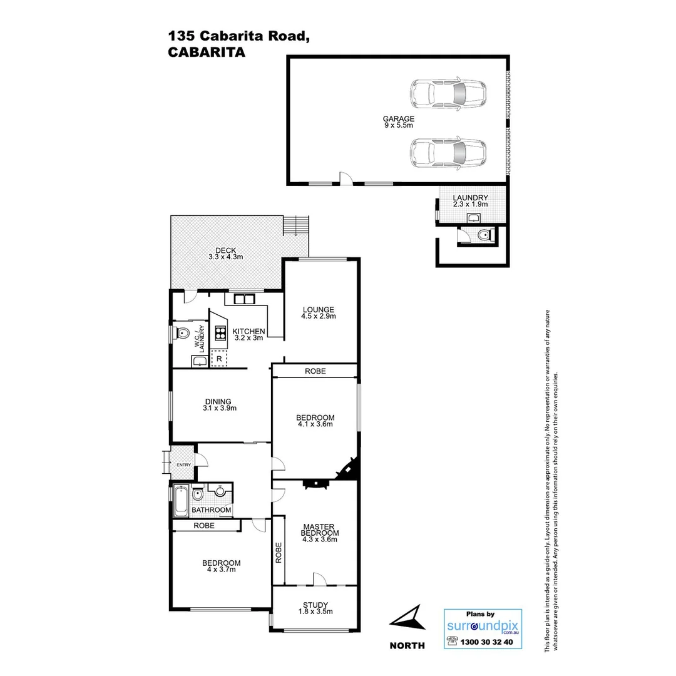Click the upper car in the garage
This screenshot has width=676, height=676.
click(448, 95)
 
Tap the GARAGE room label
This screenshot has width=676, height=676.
click(399, 118)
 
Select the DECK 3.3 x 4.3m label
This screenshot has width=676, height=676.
click(225, 253)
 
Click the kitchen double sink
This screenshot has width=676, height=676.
click(243, 299)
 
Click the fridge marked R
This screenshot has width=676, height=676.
click(219, 359)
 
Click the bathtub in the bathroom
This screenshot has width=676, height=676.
click(181, 501)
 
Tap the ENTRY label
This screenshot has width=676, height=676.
click(183, 464)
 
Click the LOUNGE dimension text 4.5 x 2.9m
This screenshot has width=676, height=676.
click(319, 316)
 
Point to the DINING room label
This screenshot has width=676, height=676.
click(217, 402)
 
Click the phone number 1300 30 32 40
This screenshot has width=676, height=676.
click(486, 642)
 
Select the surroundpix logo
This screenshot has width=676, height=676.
click(483, 625)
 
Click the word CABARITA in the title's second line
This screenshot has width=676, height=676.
click(206, 53)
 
